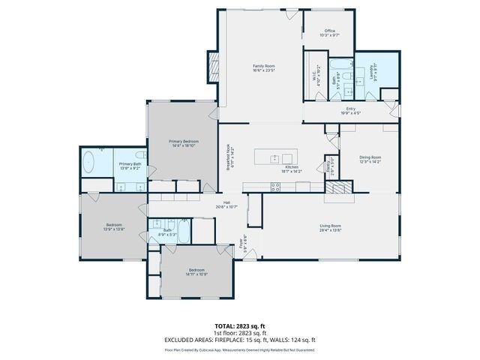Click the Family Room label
(263, 67)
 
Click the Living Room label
(331, 228)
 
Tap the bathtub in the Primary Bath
(88, 163)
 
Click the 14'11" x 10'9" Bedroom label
(196, 271)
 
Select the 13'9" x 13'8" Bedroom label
(114, 226)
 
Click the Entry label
(351, 111)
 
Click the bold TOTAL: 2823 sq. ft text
(240, 325)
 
